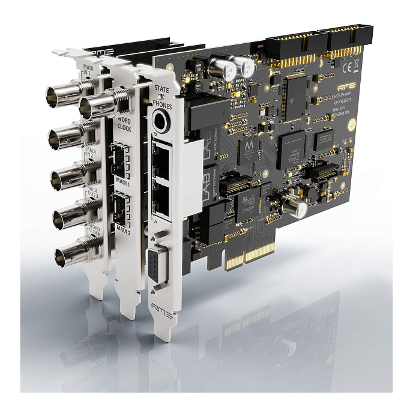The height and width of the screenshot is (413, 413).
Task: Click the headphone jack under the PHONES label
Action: click(160, 122)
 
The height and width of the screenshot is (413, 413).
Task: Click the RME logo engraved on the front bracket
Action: click(164, 313)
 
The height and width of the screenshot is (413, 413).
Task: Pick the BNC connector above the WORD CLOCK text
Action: click(98, 106)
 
